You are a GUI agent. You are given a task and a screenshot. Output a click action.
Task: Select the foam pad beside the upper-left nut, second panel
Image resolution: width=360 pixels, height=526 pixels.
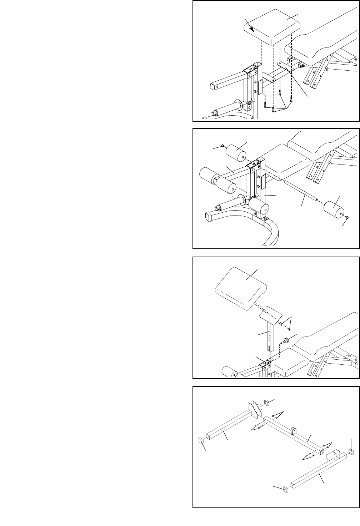(235, 152)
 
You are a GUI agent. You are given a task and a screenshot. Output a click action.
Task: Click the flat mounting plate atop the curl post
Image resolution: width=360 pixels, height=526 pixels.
(271, 315)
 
